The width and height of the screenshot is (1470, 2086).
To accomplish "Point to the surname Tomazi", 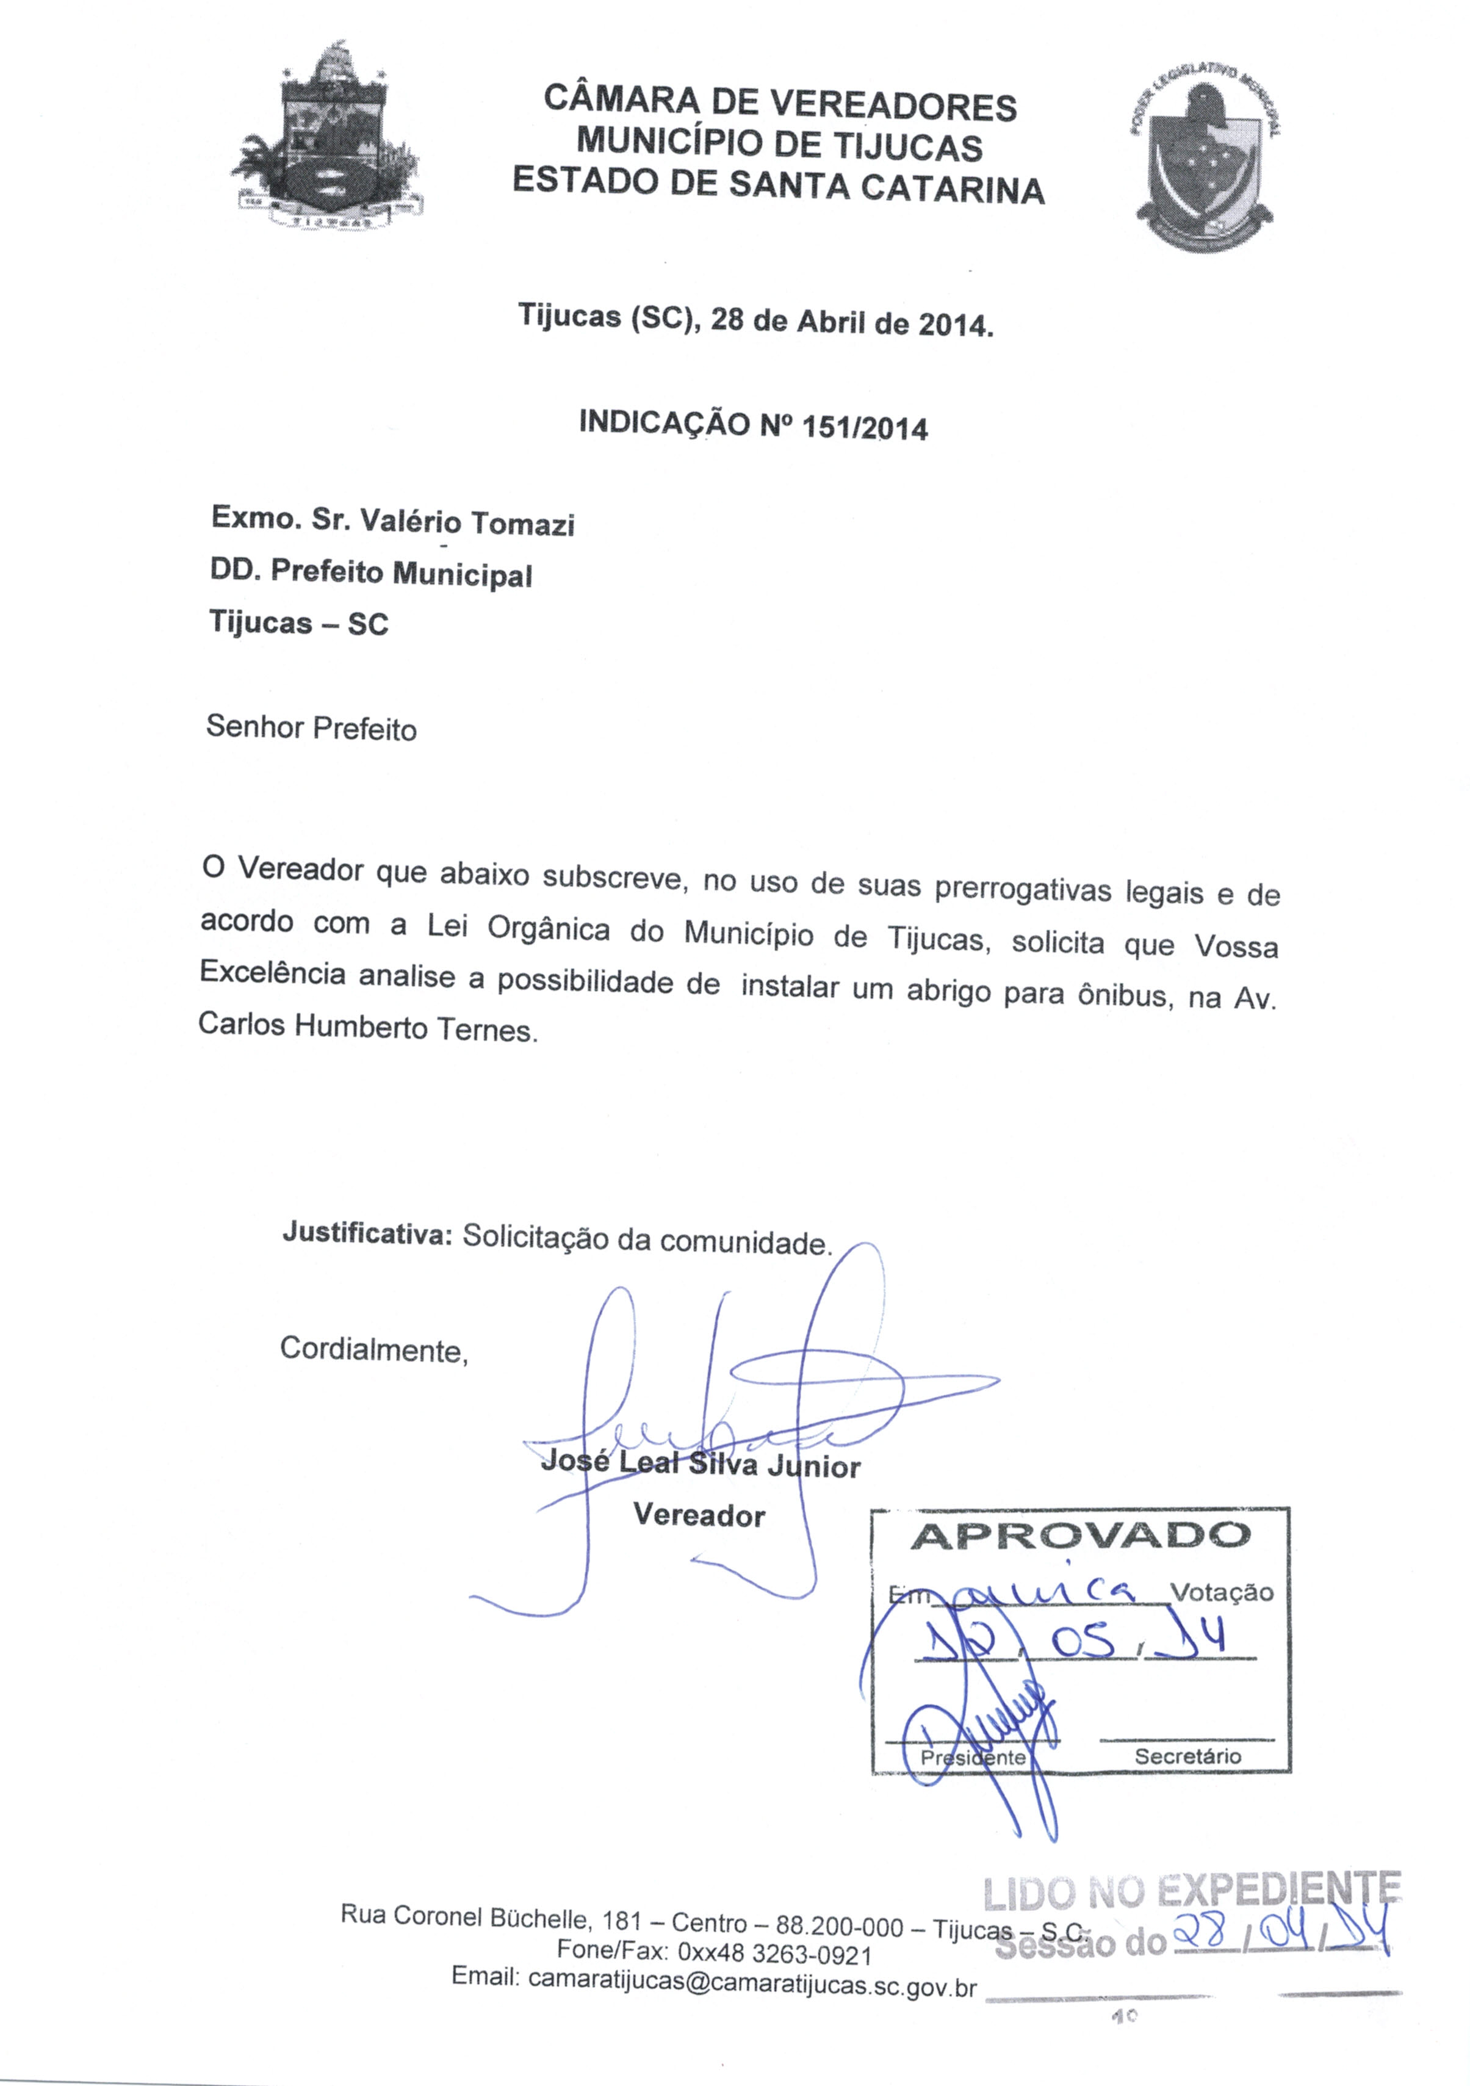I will [522, 524].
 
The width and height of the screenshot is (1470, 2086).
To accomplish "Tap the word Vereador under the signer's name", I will [699, 1515].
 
